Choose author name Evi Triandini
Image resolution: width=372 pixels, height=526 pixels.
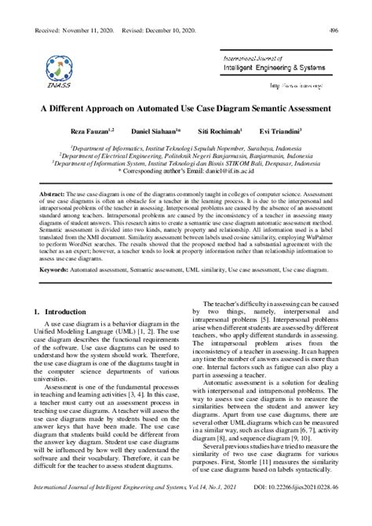283,130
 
